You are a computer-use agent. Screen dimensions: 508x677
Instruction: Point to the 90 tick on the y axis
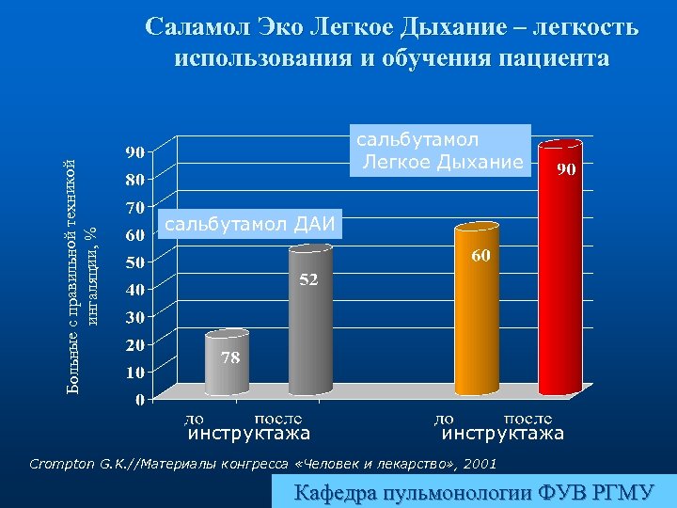point(134,151)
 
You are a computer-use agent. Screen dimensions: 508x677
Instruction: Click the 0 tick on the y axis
point(139,400)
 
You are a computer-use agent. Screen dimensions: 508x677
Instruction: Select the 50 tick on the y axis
point(134,262)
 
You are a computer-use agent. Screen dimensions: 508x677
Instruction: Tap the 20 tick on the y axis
point(134,344)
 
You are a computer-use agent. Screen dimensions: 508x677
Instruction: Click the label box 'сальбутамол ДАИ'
point(252,224)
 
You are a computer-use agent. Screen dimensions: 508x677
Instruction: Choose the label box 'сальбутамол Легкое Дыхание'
point(439,151)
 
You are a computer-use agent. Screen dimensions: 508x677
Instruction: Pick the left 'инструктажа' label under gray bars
point(249,434)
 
